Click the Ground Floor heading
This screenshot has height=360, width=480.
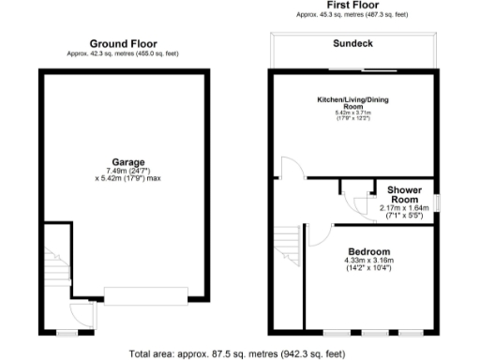(x=123, y=44)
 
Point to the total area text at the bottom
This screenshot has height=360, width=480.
(x=237, y=353)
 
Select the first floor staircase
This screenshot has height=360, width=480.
(x=289, y=246)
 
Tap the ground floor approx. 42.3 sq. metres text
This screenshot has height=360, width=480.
(x=123, y=53)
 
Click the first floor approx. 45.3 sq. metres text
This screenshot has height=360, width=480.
(x=352, y=15)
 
